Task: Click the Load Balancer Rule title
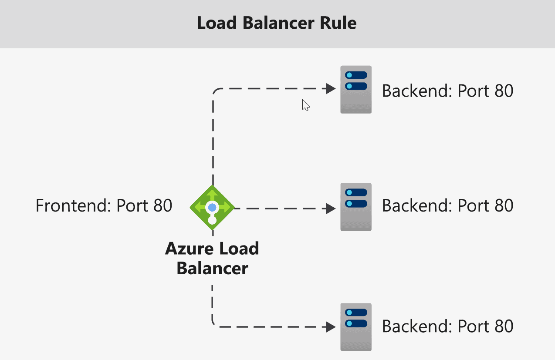coord(277,23)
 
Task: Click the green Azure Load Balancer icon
coord(212,207)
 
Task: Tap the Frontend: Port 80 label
coord(104,205)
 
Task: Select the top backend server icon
coord(356,90)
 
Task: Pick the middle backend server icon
coord(356,207)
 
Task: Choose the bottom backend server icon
coord(356,327)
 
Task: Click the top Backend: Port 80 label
coord(447,91)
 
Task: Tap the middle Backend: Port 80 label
coord(447,205)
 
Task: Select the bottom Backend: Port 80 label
coord(447,326)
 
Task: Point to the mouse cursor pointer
coord(305,105)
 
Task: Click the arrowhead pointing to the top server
coord(331,89)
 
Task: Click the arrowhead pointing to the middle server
coord(331,209)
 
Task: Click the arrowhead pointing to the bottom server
coord(331,327)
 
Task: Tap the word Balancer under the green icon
coord(212,268)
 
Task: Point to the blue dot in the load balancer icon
coord(212,207)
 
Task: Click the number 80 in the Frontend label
coord(162,205)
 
